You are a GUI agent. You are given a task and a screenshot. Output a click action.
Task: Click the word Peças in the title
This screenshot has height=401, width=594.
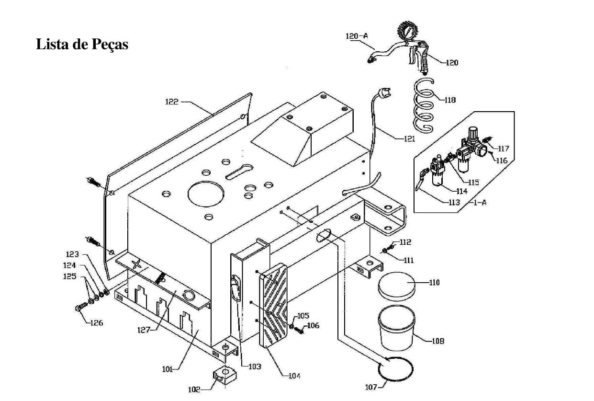click(110, 45)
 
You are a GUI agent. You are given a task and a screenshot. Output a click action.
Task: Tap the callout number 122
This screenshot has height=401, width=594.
click(172, 102)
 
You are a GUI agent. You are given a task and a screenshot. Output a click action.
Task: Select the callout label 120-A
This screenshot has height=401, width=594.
click(357, 36)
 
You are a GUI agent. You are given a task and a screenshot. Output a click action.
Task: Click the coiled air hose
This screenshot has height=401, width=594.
click(424, 105)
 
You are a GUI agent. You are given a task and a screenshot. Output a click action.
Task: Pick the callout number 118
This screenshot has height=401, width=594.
click(450, 100)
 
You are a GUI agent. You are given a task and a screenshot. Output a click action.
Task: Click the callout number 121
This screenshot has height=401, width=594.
click(409, 139)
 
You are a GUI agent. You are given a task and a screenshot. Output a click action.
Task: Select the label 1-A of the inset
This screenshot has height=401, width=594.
click(480, 203)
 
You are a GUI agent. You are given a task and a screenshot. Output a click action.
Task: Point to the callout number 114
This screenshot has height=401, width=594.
click(462, 191)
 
